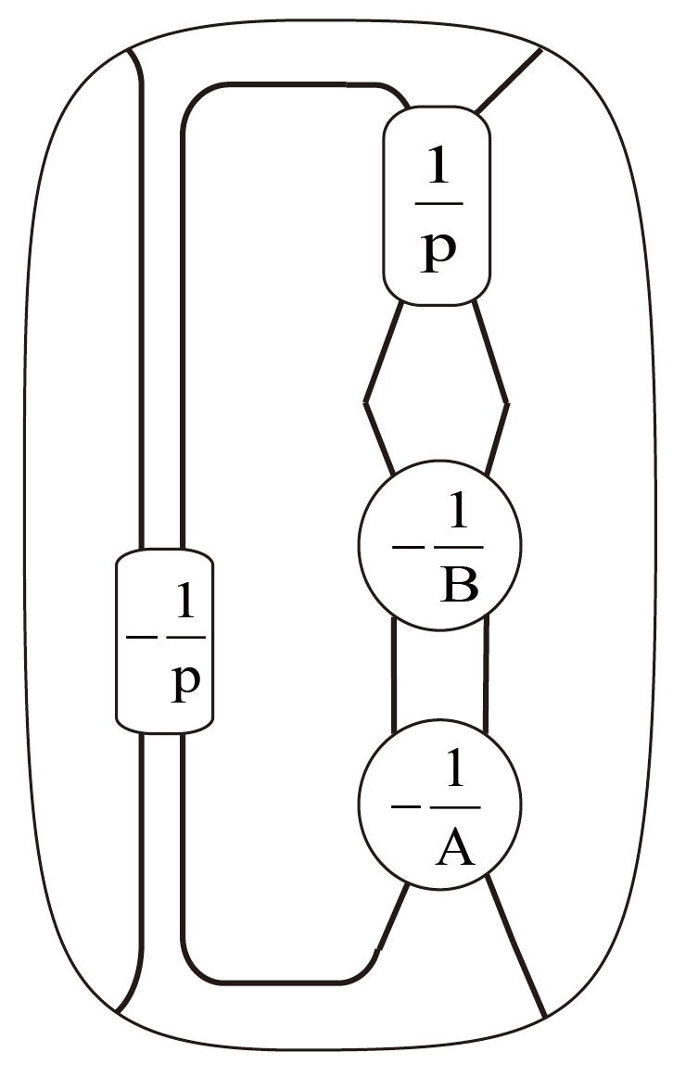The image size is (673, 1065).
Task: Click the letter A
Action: (x=454, y=846)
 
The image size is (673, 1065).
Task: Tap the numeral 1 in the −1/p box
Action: (x=186, y=606)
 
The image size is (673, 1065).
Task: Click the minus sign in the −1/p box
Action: (x=142, y=639)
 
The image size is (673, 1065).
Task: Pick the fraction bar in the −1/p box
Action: (x=185, y=639)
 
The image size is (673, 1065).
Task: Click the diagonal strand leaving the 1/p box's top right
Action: (x=508, y=81)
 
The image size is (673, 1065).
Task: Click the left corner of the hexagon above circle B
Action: (x=366, y=401)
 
